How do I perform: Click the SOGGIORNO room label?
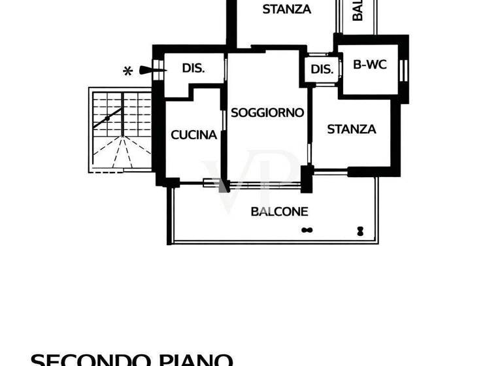(x=267, y=112)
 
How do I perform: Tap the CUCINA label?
(x=193, y=135)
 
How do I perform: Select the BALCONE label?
(x=279, y=212)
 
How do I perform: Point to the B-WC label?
(x=369, y=65)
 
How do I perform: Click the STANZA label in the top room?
(x=286, y=9)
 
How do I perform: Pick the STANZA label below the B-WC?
(x=352, y=129)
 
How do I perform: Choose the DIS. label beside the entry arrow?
(x=194, y=68)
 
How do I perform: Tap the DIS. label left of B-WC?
(x=322, y=70)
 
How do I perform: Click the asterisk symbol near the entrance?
(x=128, y=71)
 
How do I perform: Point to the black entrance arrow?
(x=149, y=71)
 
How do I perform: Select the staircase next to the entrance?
(x=120, y=131)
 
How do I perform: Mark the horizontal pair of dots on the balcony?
(x=307, y=229)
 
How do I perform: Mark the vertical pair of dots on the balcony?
(x=360, y=229)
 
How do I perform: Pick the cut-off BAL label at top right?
(x=358, y=10)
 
